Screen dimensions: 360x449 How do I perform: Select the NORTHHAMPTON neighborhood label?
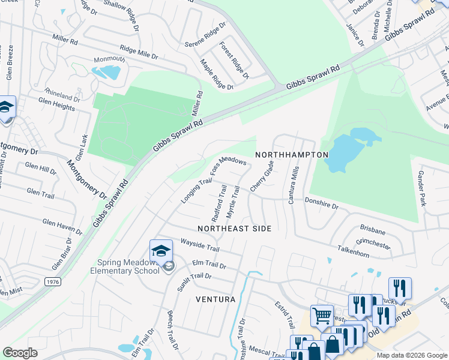point(292,155)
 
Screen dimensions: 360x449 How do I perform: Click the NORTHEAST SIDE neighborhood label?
point(234,229)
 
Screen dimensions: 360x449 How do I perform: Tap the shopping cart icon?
point(322,315)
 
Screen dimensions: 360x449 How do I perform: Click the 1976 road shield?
point(52,281)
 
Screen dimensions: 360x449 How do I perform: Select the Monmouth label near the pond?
point(109,59)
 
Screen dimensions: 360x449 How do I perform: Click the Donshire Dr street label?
point(322,205)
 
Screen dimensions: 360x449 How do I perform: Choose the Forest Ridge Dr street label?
point(234,60)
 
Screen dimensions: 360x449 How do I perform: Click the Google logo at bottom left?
point(20,353)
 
